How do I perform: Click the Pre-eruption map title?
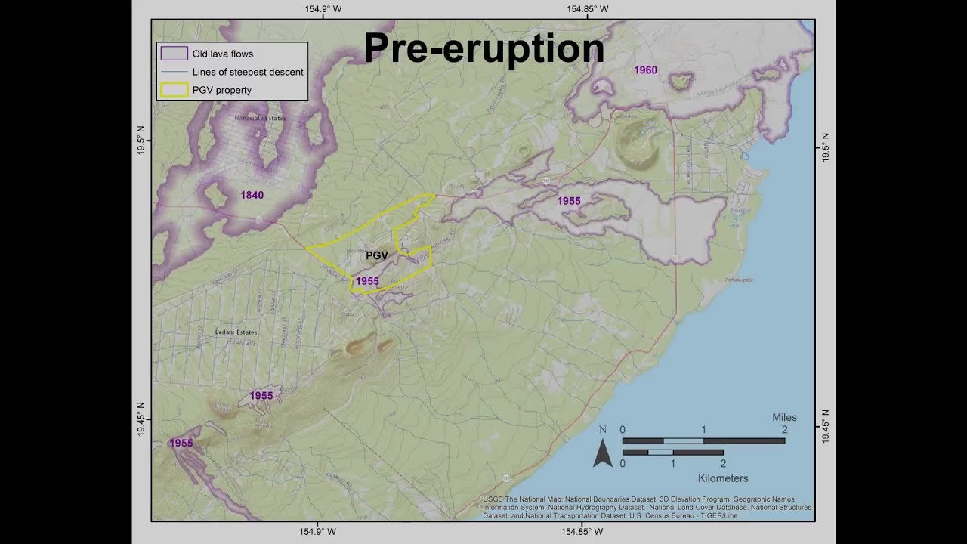coord(483,48)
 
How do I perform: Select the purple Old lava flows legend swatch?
coord(174,54)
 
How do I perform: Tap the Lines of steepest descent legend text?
coord(248,72)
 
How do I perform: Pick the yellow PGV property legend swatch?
coord(174,90)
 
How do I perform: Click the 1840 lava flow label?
coord(252,195)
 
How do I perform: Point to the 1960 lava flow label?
coord(645,70)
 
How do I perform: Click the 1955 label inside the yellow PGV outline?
coord(367,281)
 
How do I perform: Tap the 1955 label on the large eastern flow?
coord(569,201)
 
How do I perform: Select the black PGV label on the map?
coord(376,255)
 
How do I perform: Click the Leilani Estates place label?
coord(236,332)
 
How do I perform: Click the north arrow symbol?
coord(602,451)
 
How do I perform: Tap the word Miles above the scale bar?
coord(784,417)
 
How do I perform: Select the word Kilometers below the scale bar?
coord(723,478)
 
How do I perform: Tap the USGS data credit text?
coord(647,508)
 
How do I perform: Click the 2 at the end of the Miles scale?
coord(784,429)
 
